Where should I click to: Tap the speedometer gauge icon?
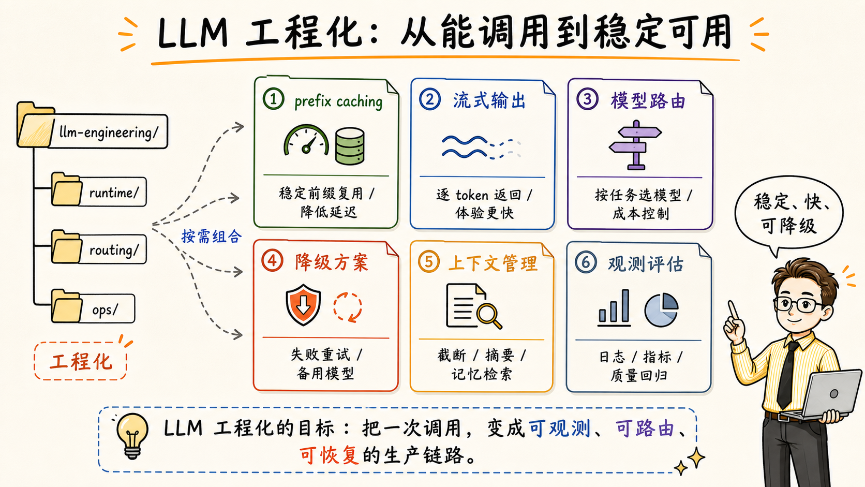[x=306, y=140]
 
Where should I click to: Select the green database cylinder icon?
[x=350, y=146]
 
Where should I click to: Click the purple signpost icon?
[x=635, y=145]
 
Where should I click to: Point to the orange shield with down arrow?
[x=303, y=305]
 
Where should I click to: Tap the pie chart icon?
[x=661, y=309]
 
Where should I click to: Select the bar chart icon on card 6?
[x=614, y=308]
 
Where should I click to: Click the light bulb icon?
[x=132, y=436]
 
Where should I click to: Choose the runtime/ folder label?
[x=114, y=193]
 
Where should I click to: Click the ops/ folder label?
[x=106, y=309]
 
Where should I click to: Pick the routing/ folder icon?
[x=66, y=247]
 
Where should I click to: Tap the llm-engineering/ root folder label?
[x=109, y=132]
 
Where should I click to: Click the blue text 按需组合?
[x=212, y=237]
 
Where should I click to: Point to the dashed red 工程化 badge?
[x=80, y=361]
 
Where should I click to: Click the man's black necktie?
[x=786, y=375]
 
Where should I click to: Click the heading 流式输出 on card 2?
[x=489, y=101]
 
